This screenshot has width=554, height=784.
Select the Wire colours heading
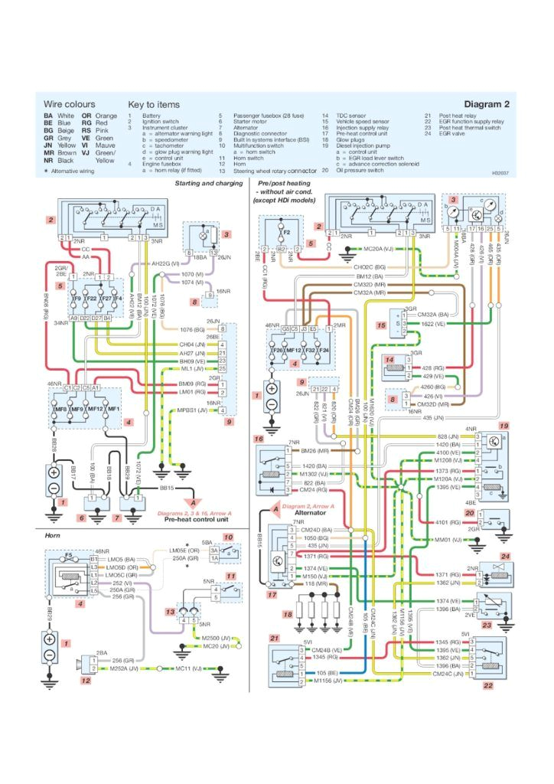[69, 104]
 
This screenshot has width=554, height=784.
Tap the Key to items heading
[154, 104]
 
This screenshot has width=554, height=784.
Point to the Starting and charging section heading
[209, 185]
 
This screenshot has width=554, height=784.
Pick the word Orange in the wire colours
[106, 116]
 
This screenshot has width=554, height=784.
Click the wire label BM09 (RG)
[192, 383]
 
